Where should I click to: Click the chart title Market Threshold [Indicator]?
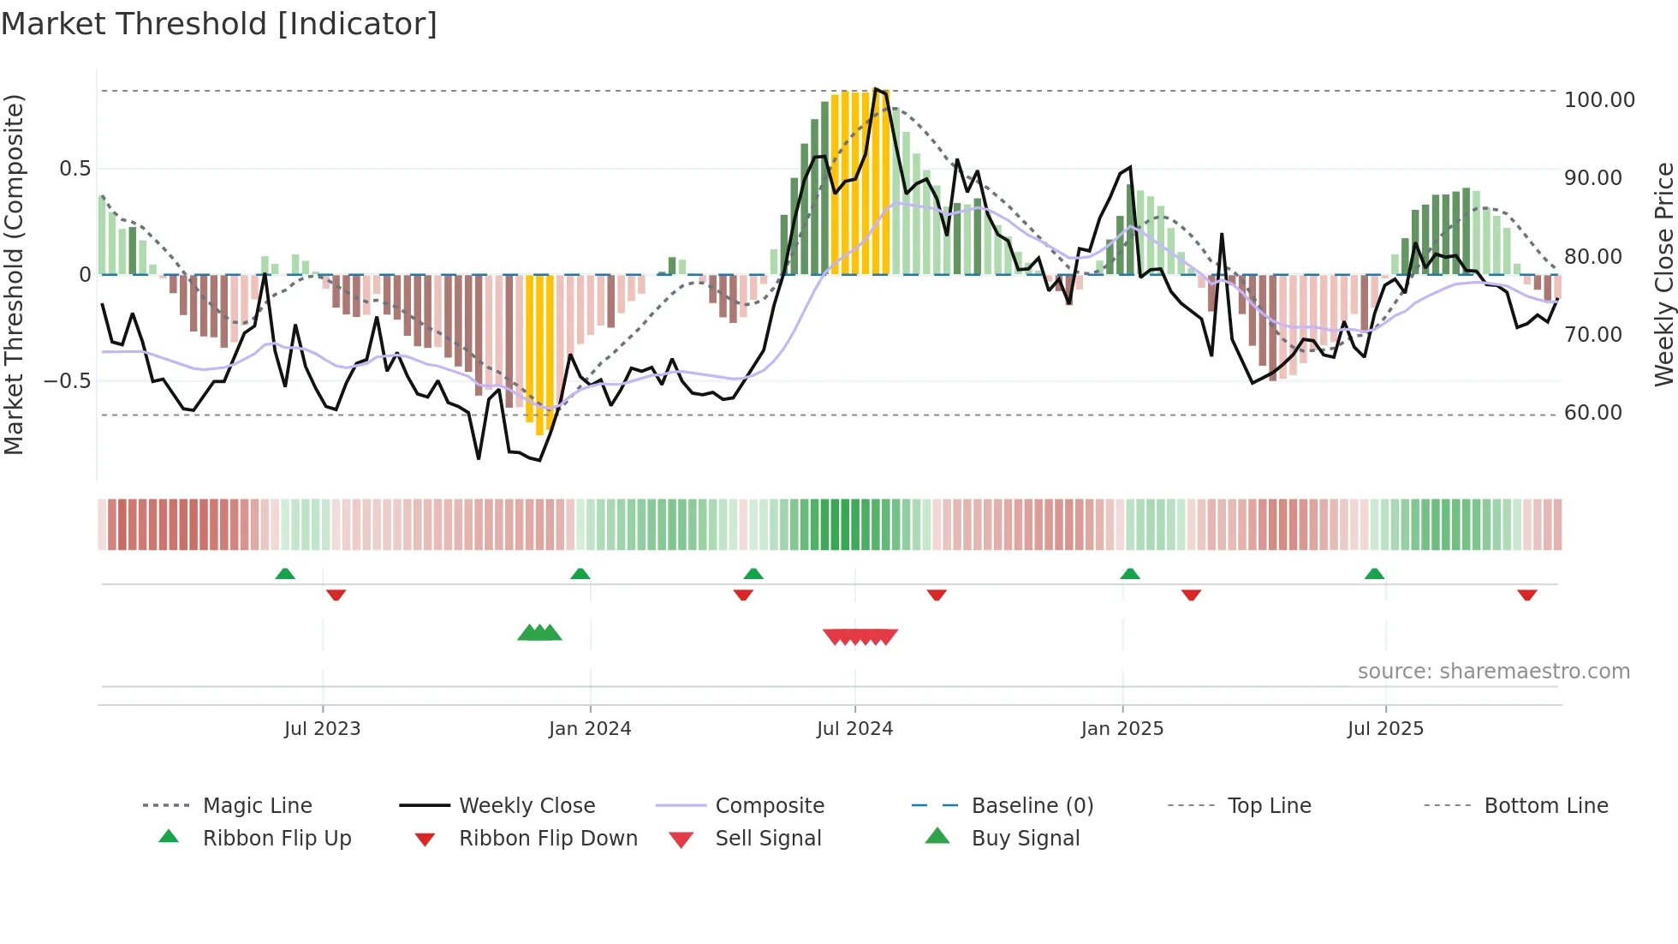(x=219, y=24)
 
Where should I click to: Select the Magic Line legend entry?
(x=257, y=806)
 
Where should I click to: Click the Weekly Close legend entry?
(x=527, y=806)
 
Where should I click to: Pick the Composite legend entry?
(x=769, y=806)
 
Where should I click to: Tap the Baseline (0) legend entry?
(x=1032, y=806)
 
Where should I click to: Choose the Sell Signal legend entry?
(x=767, y=839)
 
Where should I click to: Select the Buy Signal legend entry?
(x=1025, y=839)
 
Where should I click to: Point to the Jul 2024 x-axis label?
(x=854, y=729)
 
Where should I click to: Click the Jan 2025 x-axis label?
(x=1122, y=729)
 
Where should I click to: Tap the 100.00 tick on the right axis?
(x=1598, y=100)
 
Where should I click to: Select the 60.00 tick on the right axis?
(x=1592, y=413)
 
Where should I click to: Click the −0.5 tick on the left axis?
(x=68, y=380)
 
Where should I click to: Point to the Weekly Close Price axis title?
(x=1663, y=274)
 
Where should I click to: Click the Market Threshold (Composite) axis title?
(x=14, y=274)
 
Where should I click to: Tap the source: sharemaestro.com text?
(x=1493, y=672)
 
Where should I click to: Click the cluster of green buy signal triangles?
(x=539, y=633)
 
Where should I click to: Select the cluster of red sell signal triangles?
(x=860, y=636)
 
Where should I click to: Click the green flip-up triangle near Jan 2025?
(x=1130, y=574)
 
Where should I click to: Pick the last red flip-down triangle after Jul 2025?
(x=1526, y=594)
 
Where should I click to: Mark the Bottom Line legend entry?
(x=1545, y=806)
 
